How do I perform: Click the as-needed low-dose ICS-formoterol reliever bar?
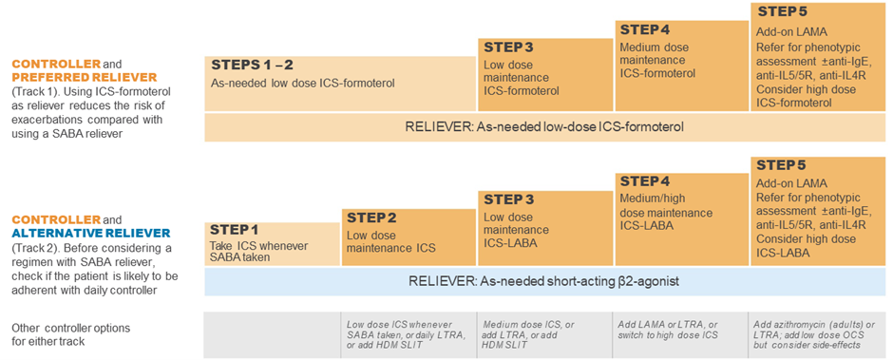pyautogui.click(x=546, y=126)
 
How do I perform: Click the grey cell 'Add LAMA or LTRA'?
pyautogui.click(x=678, y=332)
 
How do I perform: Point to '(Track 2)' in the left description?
pyautogui.click(x=37, y=248)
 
